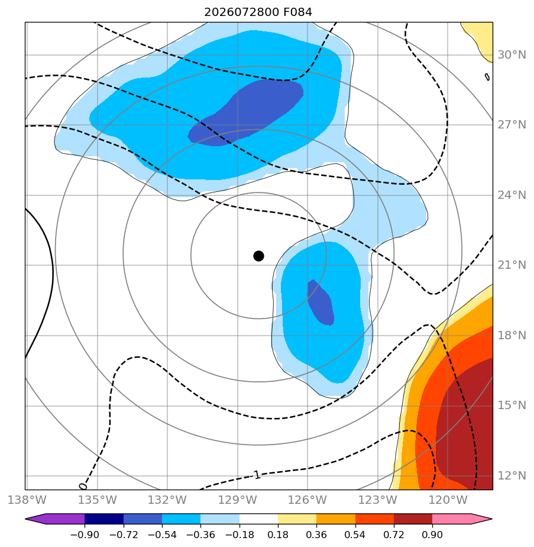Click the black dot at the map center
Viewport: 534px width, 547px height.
point(258,256)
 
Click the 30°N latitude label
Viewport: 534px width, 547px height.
point(512,55)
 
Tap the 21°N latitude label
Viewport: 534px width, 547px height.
point(512,265)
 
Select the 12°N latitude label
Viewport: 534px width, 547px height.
point(512,475)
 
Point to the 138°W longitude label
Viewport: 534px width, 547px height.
point(27,500)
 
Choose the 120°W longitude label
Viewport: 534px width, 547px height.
point(448,500)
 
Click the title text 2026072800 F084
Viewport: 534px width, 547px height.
point(258,12)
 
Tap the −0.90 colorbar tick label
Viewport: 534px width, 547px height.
point(85,535)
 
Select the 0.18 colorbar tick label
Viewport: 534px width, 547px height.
point(278,535)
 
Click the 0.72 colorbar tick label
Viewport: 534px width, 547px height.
point(394,535)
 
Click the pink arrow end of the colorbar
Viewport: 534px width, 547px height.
point(462,519)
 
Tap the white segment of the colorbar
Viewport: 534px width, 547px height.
point(258,519)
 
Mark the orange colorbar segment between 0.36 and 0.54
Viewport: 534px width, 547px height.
point(336,519)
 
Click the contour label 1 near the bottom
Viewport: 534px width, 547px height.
point(257,475)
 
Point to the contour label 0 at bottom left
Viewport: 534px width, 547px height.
point(83,486)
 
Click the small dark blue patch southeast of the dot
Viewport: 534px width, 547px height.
point(321,303)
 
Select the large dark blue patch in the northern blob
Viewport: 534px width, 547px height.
point(245,112)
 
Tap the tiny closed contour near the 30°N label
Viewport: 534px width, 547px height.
point(487,77)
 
